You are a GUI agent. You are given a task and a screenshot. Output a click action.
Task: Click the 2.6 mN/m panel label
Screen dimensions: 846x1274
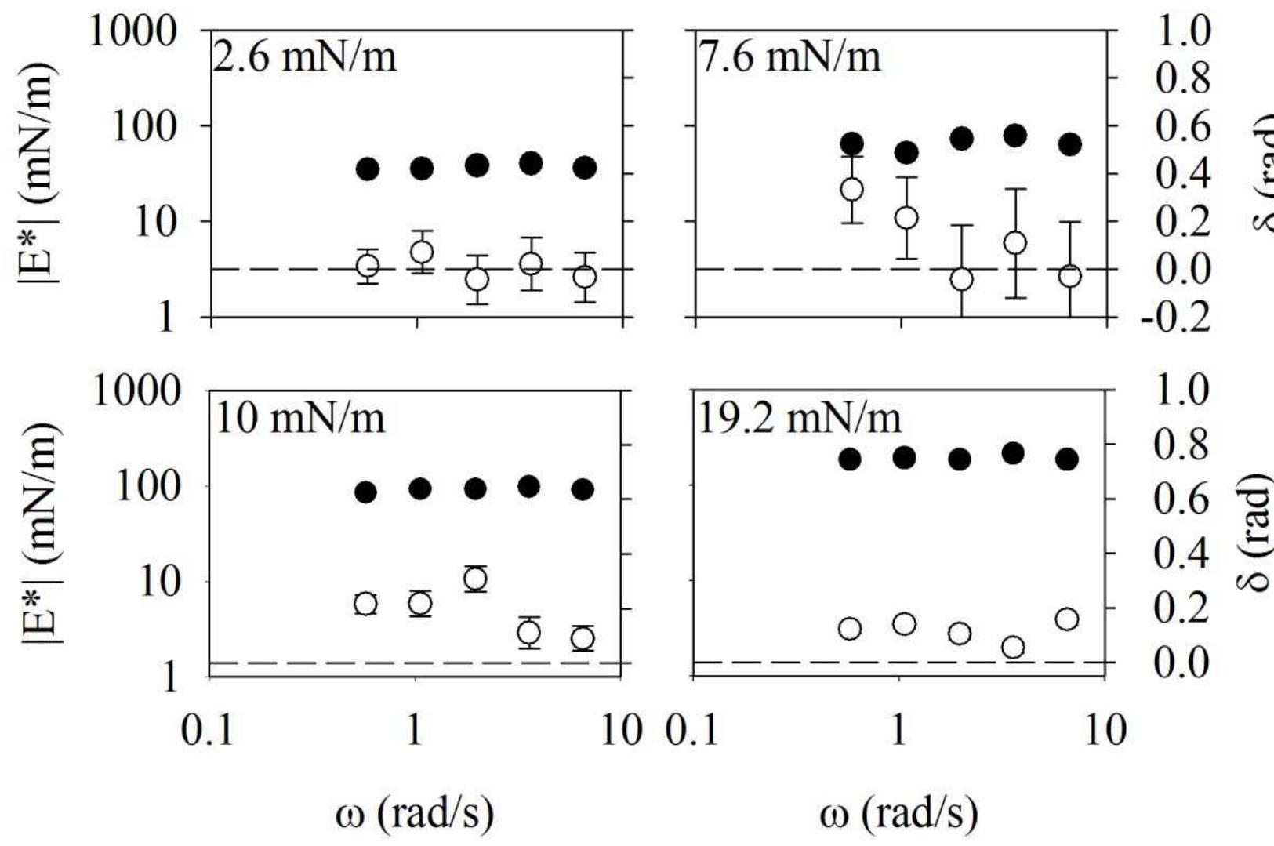(305, 59)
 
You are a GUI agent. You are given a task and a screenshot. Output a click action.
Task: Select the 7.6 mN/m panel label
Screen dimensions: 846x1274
(789, 57)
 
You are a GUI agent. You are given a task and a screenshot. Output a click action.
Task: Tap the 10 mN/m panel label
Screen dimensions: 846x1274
(300, 419)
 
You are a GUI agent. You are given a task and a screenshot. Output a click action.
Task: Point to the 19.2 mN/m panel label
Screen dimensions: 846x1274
(800, 419)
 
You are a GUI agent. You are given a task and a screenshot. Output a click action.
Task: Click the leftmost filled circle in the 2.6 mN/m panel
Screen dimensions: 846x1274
(368, 169)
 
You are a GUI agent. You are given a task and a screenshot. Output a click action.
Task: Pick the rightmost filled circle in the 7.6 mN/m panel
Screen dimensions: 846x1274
(1070, 144)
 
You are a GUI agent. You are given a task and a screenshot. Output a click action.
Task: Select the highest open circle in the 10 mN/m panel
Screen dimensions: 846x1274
(475, 579)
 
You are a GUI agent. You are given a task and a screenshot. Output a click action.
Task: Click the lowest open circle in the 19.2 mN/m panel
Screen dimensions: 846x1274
(1014, 648)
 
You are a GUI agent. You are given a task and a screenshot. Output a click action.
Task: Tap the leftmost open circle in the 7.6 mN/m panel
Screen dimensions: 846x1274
(852, 190)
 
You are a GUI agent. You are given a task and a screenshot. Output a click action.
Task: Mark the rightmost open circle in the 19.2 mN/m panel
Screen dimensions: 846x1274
(1067, 619)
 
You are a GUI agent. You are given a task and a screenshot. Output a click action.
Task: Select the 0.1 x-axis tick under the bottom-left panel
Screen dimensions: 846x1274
(208, 731)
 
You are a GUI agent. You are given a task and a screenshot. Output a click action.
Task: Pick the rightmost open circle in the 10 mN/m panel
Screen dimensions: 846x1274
(583, 638)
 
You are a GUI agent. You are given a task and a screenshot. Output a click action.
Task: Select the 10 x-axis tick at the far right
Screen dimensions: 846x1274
(1105, 731)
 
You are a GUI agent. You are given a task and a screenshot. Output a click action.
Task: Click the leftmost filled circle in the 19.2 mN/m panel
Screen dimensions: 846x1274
(851, 459)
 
